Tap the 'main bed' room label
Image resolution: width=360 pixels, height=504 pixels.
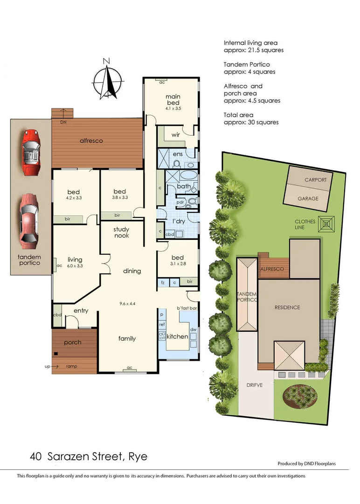coord(173,100)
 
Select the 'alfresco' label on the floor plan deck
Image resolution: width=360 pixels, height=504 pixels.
coord(91,140)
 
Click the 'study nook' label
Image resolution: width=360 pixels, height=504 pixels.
coord(121,232)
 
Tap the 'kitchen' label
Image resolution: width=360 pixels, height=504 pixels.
coord(177,336)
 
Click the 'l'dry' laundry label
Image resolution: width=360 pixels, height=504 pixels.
coord(179,221)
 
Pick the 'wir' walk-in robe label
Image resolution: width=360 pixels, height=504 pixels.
coord(175,135)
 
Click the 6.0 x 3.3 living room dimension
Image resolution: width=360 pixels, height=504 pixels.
coord(75,266)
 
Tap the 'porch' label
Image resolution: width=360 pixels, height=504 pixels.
coord(73,343)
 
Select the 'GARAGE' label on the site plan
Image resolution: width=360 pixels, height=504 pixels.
coord(308,198)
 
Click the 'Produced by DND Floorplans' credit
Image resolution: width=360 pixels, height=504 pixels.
coord(306,464)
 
